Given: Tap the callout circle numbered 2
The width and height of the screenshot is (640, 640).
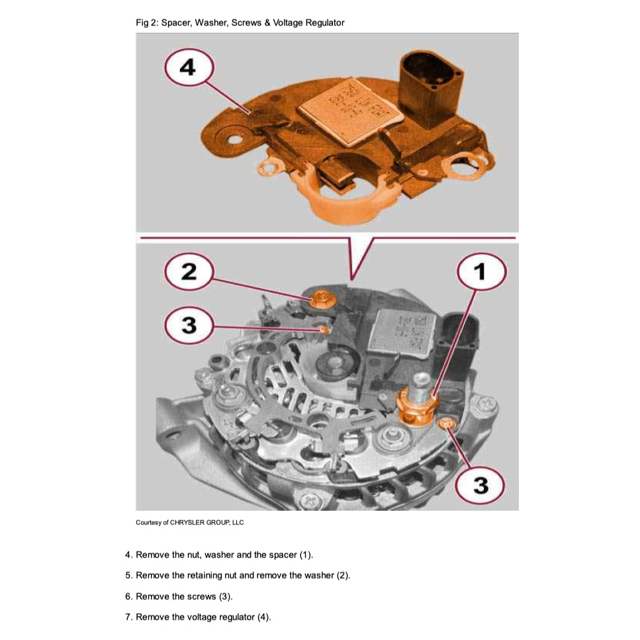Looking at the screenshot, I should pos(189,272).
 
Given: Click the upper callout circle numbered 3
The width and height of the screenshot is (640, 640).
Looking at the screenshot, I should pos(189,326).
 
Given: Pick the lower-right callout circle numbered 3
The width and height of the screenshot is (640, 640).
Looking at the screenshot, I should pos(481,486).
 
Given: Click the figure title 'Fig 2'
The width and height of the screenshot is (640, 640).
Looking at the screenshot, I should pos(146,23).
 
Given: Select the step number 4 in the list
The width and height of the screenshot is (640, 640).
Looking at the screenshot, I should pos(128,555).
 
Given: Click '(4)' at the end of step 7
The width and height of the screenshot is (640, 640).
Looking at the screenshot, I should pos(263,617).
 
